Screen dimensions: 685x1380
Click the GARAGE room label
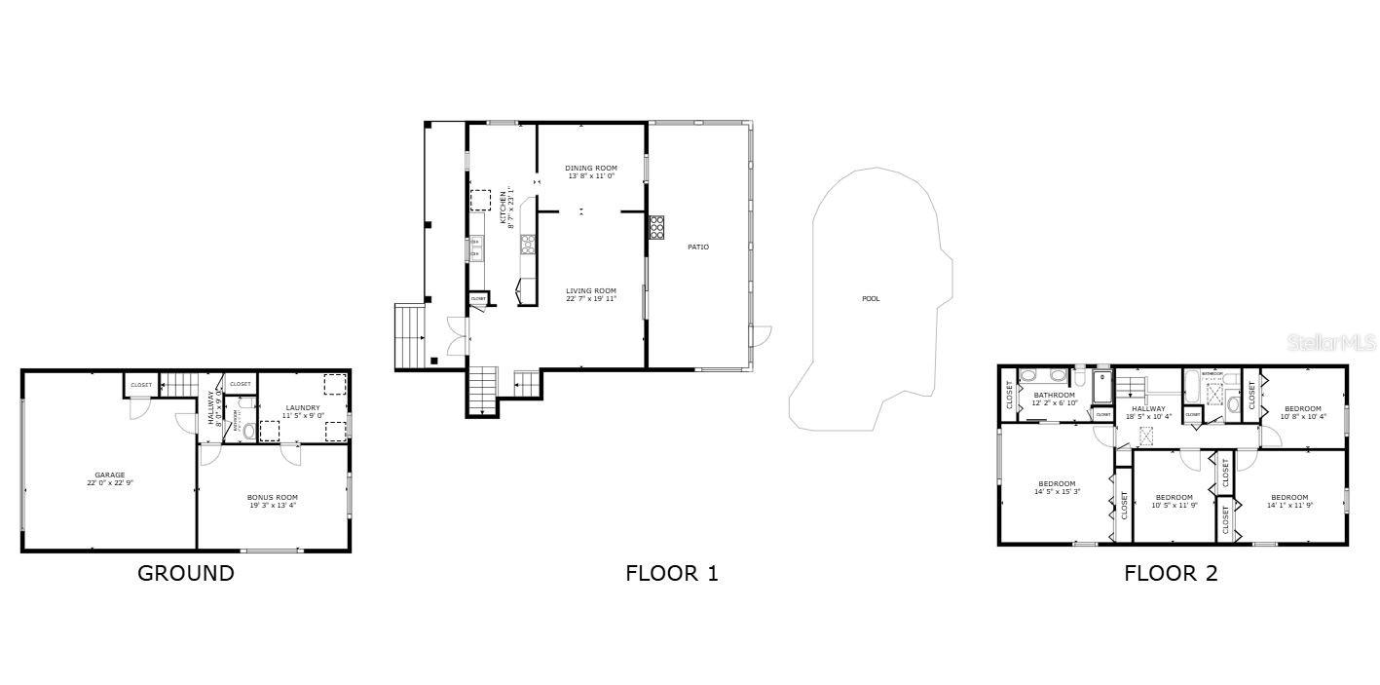coord(109,475)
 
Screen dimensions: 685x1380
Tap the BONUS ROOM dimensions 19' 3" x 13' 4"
coord(272,506)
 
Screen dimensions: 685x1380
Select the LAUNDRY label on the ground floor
coord(302,407)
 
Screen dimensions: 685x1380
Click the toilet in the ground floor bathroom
coord(247,430)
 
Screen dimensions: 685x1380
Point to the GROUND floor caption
coord(185,573)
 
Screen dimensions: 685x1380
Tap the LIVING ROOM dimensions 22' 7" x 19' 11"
coord(592,299)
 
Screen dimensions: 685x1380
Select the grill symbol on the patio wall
coord(656,227)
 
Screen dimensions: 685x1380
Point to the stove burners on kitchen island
coord(528,244)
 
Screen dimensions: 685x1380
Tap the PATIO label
coord(698,247)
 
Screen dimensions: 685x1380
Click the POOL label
coord(870,298)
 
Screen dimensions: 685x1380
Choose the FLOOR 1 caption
coord(671,573)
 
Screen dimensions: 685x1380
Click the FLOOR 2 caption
coord(1171,573)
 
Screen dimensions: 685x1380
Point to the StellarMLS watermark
coord(1331,343)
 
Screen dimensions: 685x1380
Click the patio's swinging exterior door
coord(761,336)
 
